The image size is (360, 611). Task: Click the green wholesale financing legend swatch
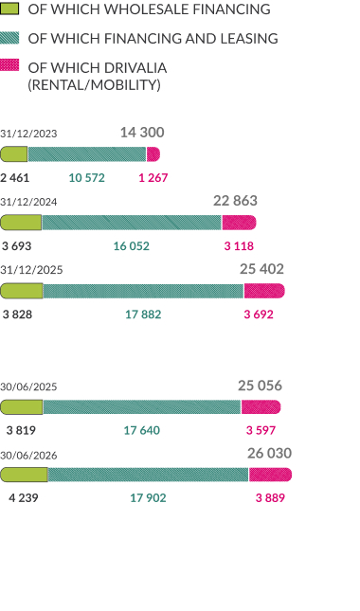click(x=9, y=9)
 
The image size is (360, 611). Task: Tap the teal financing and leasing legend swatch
click(x=9, y=38)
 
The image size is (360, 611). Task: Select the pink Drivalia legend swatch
click(x=9, y=65)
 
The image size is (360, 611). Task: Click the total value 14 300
click(x=142, y=133)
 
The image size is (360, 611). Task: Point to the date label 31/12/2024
click(x=28, y=202)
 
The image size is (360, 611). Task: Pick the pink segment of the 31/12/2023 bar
click(x=153, y=154)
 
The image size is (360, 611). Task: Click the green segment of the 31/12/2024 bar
click(x=21, y=223)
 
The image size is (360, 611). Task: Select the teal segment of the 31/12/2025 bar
click(x=143, y=291)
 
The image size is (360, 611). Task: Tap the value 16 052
click(x=132, y=246)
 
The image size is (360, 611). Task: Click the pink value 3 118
click(x=239, y=246)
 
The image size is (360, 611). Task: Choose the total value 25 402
click(x=261, y=269)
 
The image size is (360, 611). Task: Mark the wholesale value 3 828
click(x=17, y=314)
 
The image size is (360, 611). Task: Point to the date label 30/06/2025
click(x=28, y=386)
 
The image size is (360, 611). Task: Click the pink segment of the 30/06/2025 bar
click(x=261, y=407)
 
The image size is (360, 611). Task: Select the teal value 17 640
click(x=142, y=430)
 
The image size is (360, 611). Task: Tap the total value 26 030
click(x=269, y=453)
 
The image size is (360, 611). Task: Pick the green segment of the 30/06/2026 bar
click(x=24, y=475)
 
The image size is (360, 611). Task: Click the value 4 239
click(x=24, y=497)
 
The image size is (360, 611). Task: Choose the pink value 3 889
click(x=270, y=497)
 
